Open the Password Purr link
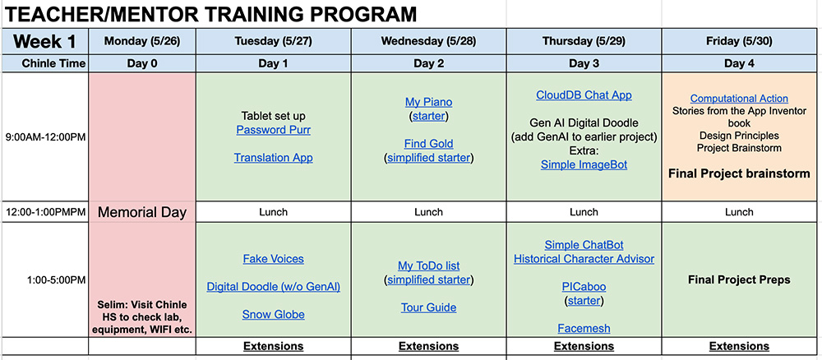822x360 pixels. click(273, 130)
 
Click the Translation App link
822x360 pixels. click(273, 157)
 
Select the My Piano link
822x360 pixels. click(428, 102)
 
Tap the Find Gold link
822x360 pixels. click(428, 144)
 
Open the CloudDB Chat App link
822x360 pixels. click(584, 95)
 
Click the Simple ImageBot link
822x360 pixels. click(584, 164)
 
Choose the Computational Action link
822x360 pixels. click(739, 99)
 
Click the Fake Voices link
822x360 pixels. click(273, 259)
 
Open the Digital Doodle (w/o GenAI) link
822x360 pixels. click(273, 287)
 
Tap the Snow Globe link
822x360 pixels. click(273, 315)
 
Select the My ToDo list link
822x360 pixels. click(428, 266)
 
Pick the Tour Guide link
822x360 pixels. click(428, 307)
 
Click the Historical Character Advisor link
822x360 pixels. click(584, 259)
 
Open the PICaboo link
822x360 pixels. click(584, 287)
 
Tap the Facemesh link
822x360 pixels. click(584, 329)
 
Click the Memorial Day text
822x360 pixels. click(142, 212)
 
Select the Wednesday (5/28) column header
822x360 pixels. click(428, 41)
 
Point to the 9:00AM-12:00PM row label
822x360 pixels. click(45, 137)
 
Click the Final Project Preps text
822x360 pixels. click(739, 279)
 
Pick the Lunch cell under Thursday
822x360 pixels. click(584, 212)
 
